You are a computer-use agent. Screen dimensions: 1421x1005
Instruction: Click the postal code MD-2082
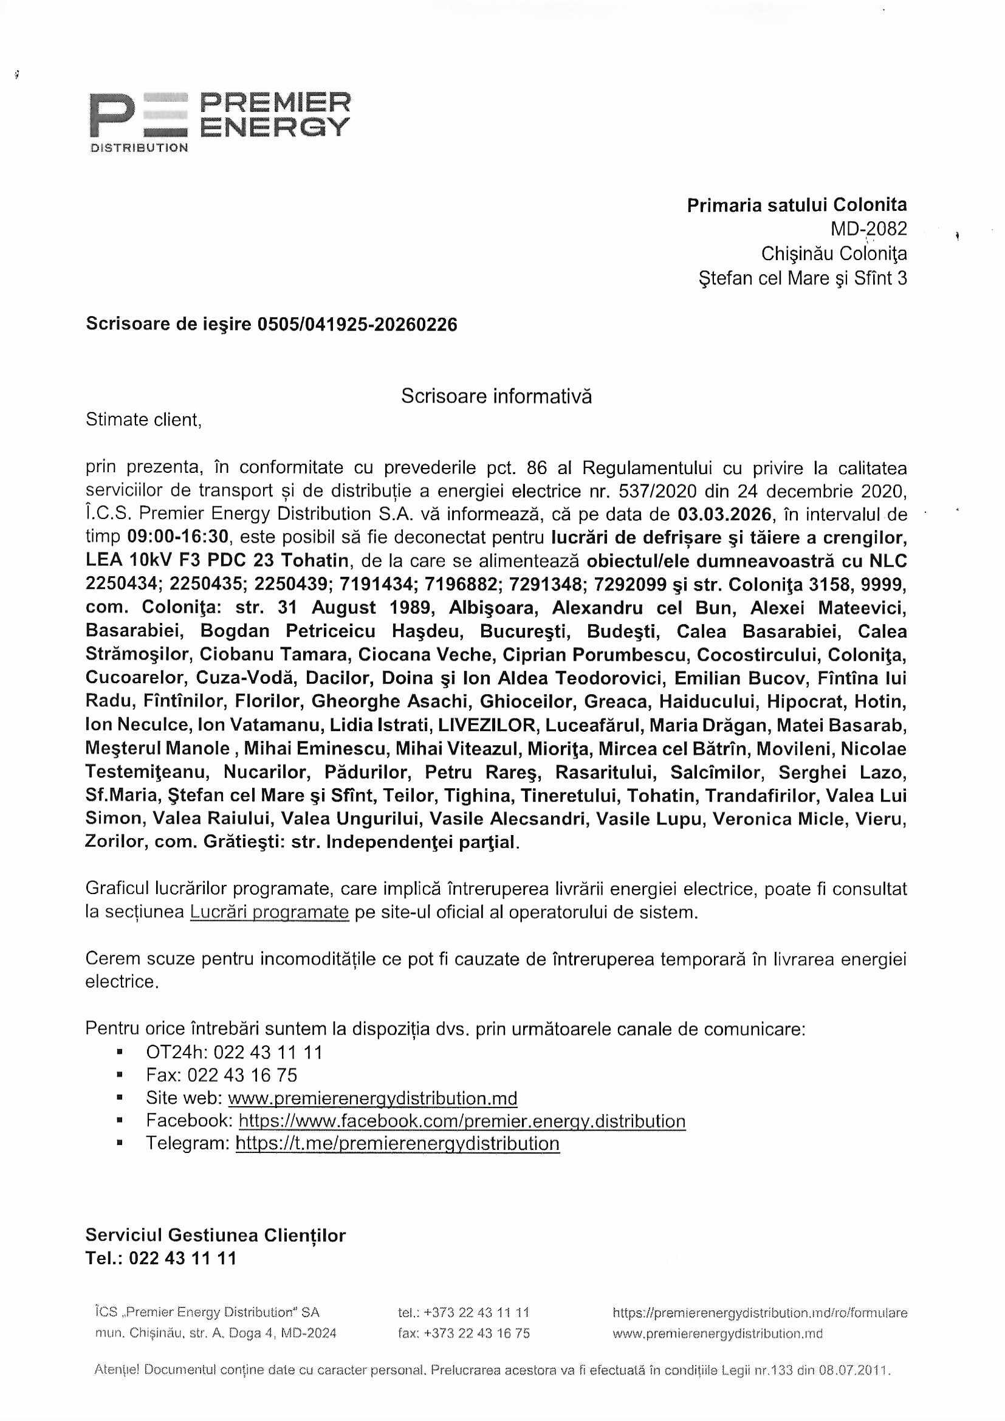868,229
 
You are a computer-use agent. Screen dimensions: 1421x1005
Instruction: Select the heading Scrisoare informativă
496,396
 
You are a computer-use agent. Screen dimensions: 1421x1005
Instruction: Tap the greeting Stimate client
143,419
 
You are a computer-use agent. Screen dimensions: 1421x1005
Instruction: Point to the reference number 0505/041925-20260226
357,325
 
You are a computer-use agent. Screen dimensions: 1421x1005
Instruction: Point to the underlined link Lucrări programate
269,912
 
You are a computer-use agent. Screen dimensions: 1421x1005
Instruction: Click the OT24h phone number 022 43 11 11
267,1052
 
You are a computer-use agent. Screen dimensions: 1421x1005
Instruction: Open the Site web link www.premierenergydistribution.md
372,1098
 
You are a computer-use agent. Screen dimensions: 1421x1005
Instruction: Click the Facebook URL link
462,1121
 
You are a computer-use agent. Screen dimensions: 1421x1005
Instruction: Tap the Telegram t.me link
397,1144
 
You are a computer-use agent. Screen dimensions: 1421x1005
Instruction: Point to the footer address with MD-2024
215,1333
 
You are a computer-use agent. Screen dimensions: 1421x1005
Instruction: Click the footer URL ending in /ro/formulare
760,1313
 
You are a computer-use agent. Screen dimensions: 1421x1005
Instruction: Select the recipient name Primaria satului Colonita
797,205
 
